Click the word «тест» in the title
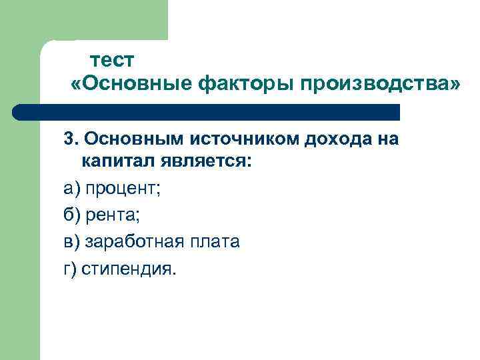click(x=113, y=61)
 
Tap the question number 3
click(x=69, y=139)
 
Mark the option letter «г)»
click(x=70, y=270)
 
